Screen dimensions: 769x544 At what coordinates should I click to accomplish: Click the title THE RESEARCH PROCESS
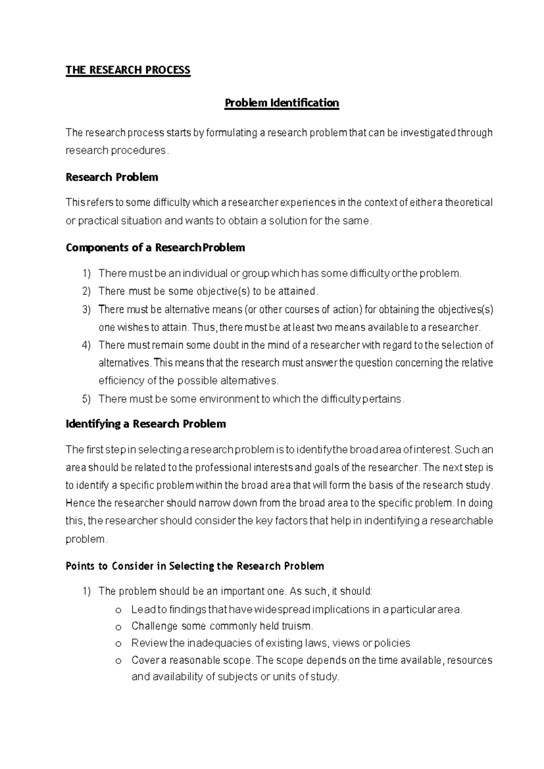[x=128, y=70]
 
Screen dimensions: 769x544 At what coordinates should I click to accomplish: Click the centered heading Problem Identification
[x=282, y=103]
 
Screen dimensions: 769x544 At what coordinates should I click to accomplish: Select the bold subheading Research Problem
[x=112, y=177]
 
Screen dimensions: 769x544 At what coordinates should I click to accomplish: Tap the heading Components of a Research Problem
[x=155, y=248]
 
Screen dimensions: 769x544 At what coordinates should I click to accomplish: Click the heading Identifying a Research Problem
[x=146, y=424]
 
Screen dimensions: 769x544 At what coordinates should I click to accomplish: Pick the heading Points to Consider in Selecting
[x=194, y=566]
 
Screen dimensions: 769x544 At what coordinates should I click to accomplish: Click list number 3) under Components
[x=87, y=310]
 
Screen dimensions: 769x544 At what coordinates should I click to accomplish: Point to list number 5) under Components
[x=87, y=399]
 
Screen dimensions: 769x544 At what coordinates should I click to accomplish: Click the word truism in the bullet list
[x=298, y=627]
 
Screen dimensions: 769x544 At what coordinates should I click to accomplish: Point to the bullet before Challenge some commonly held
[x=118, y=628]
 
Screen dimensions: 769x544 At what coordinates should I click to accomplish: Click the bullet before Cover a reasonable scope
[x=118, y=662]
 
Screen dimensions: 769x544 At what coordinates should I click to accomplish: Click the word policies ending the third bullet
[x=392, y=643]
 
